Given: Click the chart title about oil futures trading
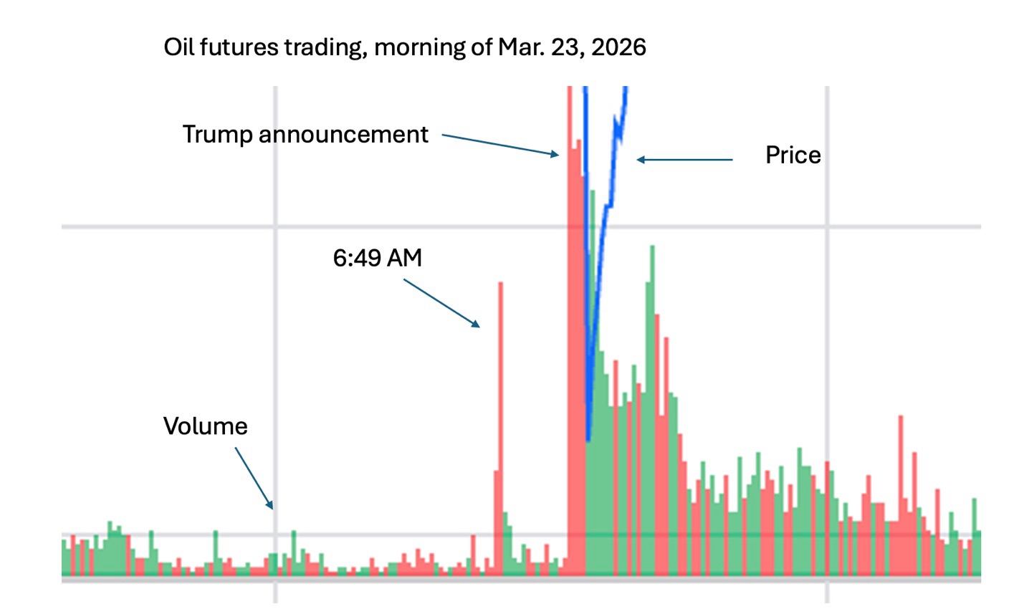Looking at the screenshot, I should (405, 47).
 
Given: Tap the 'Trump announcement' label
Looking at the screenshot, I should (305, 135).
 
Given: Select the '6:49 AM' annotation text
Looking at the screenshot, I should (378, 258).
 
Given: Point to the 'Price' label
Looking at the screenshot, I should (793, 155).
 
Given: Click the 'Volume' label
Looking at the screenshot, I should (206, 426).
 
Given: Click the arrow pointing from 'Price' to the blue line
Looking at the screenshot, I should (684, 160).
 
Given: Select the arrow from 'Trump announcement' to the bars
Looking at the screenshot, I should (500, 145).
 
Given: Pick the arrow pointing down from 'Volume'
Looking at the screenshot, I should (254, 478).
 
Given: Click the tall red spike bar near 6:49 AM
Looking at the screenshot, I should (500, 430).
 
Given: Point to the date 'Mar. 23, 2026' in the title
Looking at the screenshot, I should (573, 47).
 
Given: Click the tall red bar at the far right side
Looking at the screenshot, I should (901, 494).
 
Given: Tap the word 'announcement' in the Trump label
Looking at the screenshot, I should (343, 135).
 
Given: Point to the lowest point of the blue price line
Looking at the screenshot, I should (588, 438).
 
